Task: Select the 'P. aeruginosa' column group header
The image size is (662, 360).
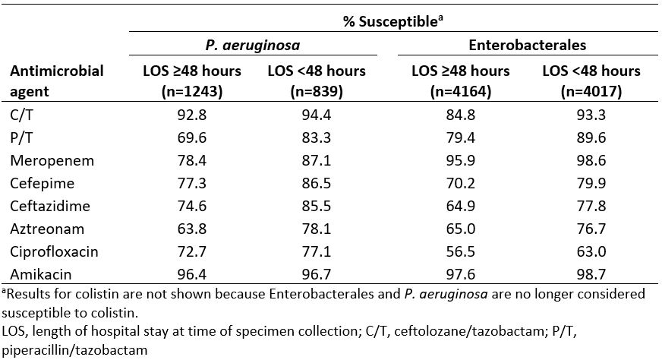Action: click(253, 45)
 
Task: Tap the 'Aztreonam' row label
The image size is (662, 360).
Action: click(43, 227)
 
